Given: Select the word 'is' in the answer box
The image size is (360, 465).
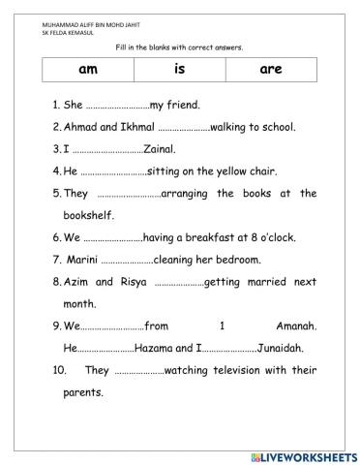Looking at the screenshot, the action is click(x=179, y=71).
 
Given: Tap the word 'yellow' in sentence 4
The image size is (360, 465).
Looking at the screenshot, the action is click(x=222, y=171).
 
